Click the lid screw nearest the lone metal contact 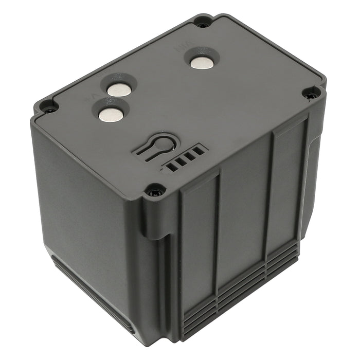pos(203,24)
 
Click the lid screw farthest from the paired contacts pos(311,94)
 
